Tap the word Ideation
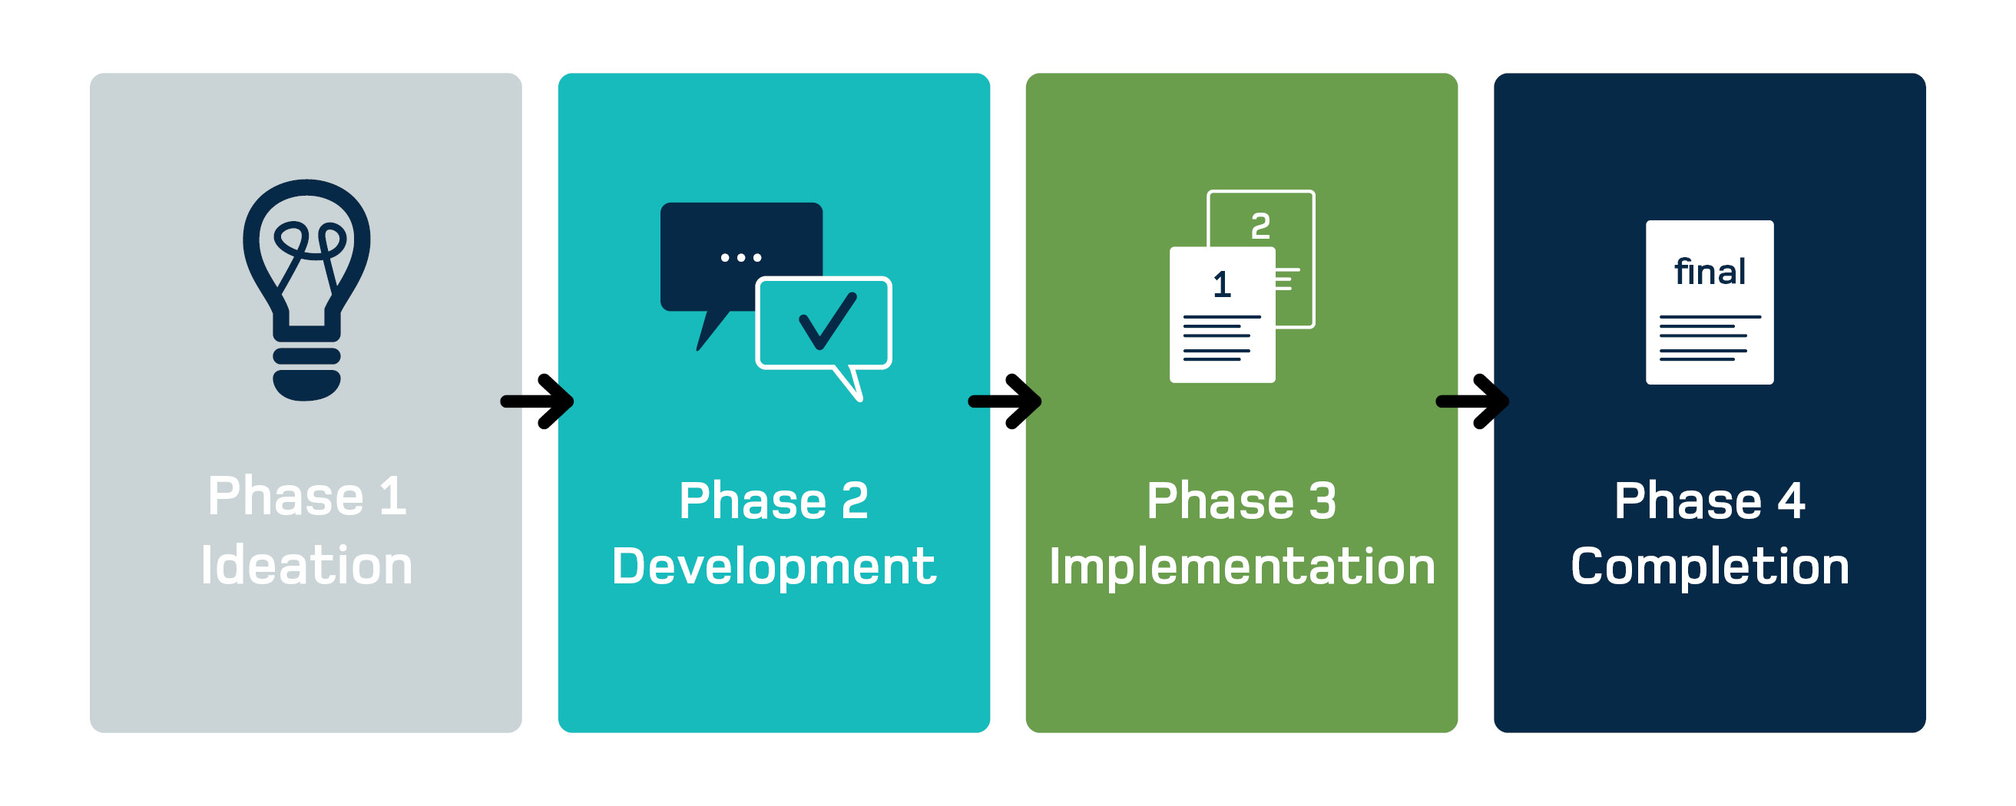[306, 565]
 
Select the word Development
[773, 567]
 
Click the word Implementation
[1241, 567]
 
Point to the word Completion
[1710, 567]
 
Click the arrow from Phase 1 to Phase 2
[538, 401]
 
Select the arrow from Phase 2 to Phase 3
[1005, 401]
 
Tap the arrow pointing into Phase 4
[1473, 401]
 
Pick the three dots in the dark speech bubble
[740, 257]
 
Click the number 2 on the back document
[1260, 226]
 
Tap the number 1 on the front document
[1222, 284]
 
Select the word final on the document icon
[1710, 273]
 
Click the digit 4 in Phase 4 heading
[1791, 500]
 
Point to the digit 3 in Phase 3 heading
[1322, 500]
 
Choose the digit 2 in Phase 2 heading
[855, 500]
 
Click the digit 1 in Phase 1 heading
[392, 496]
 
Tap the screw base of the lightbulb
[306, 371]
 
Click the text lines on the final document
[1710, 338]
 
